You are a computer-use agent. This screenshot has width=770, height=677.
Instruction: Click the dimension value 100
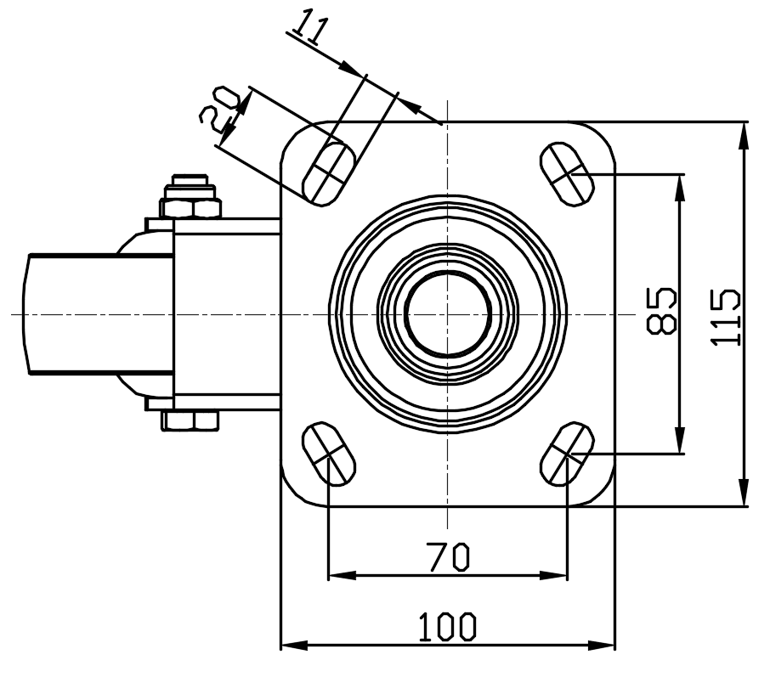(447, 626)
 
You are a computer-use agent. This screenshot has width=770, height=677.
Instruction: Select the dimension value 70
(447, 556)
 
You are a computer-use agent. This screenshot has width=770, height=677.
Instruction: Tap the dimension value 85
(661, 311)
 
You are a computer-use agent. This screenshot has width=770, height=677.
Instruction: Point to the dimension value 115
(725, 317)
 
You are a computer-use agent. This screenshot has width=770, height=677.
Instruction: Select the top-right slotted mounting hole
(567, 174)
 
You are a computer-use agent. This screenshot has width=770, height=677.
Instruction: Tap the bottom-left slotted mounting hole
(329, 454)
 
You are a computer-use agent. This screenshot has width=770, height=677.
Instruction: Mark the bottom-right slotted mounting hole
(567, 454)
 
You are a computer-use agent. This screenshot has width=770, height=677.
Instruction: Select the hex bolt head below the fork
(190, 421)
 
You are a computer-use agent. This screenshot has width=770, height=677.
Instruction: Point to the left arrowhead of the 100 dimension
(294, 645)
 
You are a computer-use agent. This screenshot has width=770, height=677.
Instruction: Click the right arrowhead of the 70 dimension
(554, 575)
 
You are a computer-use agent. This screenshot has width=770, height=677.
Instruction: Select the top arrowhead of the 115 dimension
(745, 134)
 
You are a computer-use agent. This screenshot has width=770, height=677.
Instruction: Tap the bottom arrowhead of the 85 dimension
(680, 440)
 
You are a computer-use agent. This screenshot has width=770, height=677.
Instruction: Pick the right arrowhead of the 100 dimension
(602, 645)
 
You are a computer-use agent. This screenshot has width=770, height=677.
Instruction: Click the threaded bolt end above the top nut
(190, 180)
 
